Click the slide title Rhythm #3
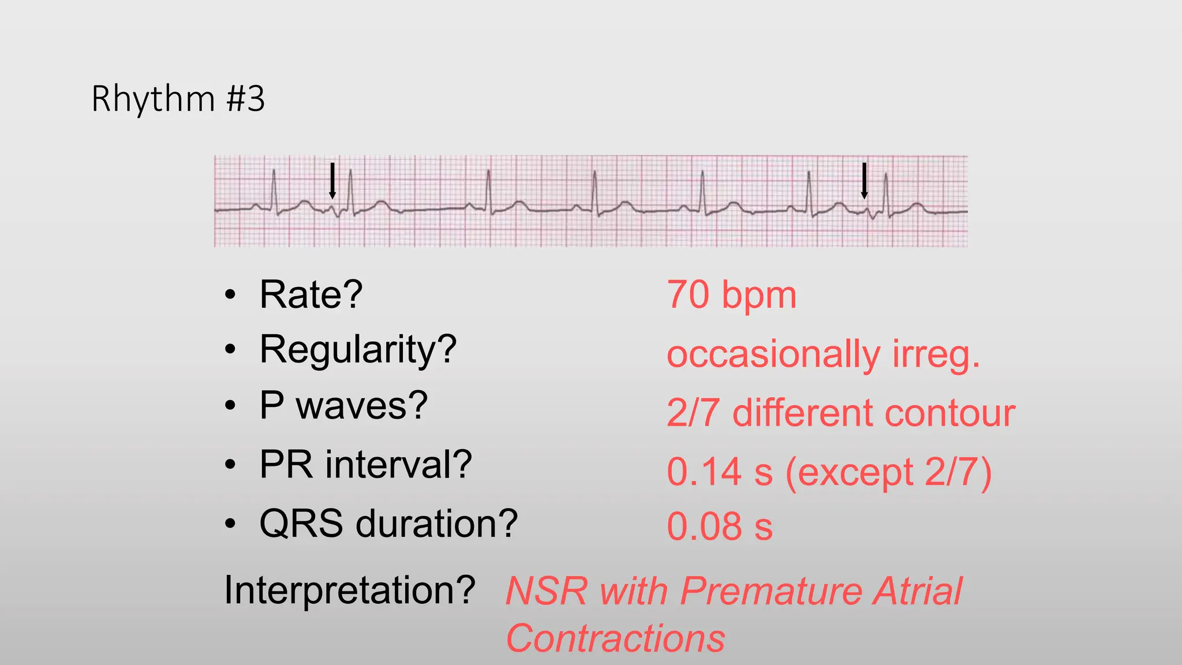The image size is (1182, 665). click(x=178, y=99)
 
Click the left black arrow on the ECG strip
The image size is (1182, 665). click(x=332, y=181)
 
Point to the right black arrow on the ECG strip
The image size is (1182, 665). click(x=864, y=181)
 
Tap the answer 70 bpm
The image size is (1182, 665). click(x=731, y=295)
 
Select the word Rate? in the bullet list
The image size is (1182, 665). click(x=311, y=295)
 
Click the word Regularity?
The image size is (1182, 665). click(x=358, y=350)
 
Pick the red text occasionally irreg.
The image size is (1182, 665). click(x=823, y=354)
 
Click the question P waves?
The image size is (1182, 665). click(x=343, y=405)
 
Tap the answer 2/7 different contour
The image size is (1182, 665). click(x=840, y=413)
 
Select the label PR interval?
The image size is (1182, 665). click(x=365, y=464)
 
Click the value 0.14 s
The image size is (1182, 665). click(x=719, y=472)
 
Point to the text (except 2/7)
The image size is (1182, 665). click(x=889, y=472)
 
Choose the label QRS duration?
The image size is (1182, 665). click(x=388, y=524)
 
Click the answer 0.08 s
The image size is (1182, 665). click(x=719, y=526)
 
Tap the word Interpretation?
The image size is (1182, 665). click(x=350, y=590)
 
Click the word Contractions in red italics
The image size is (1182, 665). click(x=615, y=638)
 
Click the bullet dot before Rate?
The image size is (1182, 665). click(x=230, y=295)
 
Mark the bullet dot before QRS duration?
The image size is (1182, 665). click(x=230, y=524)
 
